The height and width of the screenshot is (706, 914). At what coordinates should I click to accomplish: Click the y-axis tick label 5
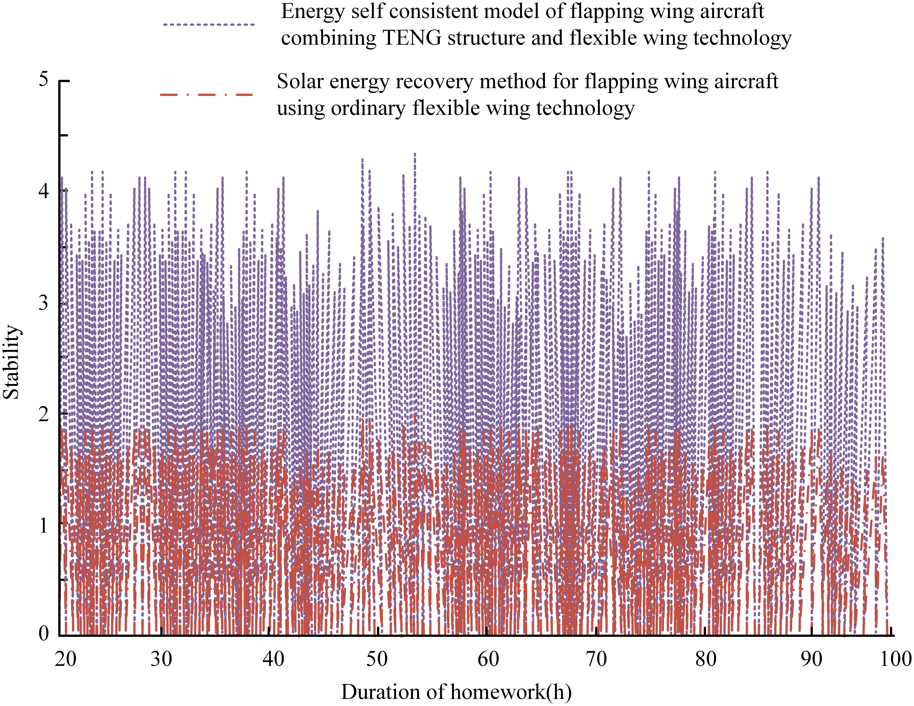pyautogui.click(x=43, y=79)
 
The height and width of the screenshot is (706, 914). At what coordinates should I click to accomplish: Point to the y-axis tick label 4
pyautogui.click(x=43, y=191)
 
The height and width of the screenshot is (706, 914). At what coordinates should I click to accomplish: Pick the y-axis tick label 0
pyautogui.click(x=43, y=634)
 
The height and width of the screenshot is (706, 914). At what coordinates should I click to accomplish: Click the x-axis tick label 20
pyautogui.click(x=66, y=659)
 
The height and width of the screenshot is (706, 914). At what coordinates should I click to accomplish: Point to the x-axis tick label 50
pyautogui.click(x=377, y=659)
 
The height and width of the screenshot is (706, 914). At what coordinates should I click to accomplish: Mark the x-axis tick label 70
pyautogui.click(x=596, y=659)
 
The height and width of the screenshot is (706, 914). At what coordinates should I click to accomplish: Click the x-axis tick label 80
pyautogui.click(x=706, y=659)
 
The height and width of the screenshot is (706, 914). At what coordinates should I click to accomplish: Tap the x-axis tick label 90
pyautogui.click(x=811, y=659)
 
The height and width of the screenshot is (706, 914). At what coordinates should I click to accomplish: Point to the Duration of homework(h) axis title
pyautogui.click(x=456, y=692)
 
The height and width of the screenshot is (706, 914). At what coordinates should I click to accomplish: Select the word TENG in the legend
pyautogui.click(x=412, y=39)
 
